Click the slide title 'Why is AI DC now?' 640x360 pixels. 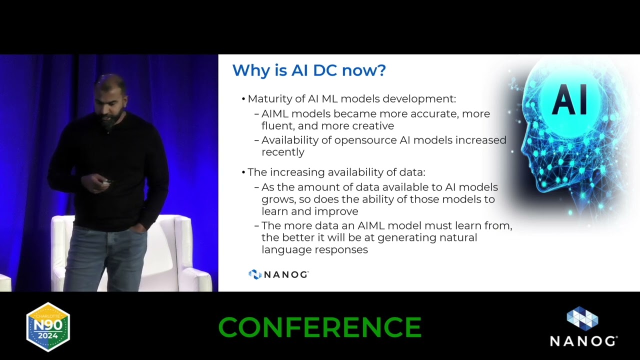[x=308, y=70]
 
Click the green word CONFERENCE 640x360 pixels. [x=320, y=327]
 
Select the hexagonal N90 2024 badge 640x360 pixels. [x=48, y=326]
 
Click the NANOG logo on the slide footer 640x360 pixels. [x=278, y=274]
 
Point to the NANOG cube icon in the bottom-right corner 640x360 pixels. [x=582, y=319]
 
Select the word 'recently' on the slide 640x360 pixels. [x=282, y=152]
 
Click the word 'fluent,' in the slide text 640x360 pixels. [x=278, y=126]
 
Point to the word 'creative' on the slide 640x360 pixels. [x=373, y=126]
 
